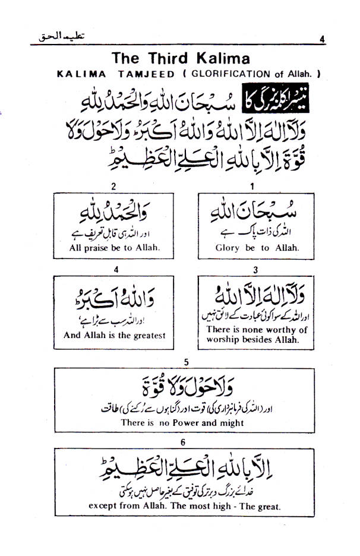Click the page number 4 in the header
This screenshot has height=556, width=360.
321,39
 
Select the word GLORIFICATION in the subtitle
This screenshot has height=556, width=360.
229,75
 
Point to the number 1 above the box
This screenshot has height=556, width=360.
252,187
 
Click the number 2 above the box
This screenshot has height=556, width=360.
113,187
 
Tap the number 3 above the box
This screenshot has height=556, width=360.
255,270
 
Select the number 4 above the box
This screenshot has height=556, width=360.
116,270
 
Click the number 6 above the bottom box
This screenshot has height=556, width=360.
186,441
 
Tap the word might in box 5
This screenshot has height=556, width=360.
232,423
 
